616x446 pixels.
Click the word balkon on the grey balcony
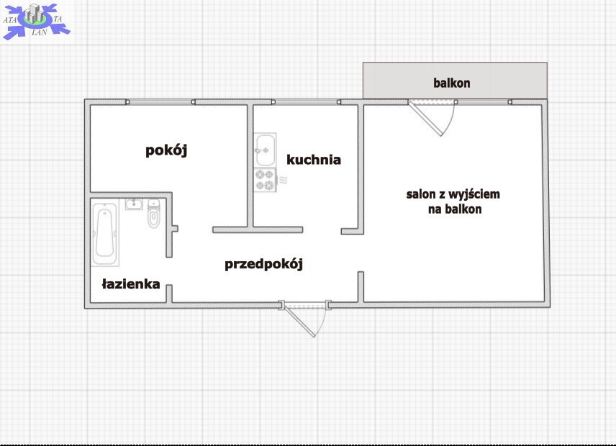pos(451,83)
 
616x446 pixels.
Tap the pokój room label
pos(166,150)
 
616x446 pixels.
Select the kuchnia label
pos(314,160)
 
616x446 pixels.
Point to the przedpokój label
pos(263,264)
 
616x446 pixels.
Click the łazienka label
pos(131,284)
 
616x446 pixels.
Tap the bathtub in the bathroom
pos(105,232)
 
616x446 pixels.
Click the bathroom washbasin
pos(134,204)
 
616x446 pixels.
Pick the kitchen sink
pos(266,150)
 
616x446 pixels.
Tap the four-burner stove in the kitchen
pos(265,180)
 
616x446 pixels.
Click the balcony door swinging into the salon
pos(431,118)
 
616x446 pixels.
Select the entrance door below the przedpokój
pos(305,319)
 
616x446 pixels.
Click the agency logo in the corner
pos(36,21)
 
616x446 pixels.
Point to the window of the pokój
pos(160,102)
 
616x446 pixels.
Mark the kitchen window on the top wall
pos(306,102)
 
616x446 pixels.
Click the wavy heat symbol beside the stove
pos(283,181)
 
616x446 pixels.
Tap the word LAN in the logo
pos(40,32)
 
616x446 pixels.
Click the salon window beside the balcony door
pos(484,102)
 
